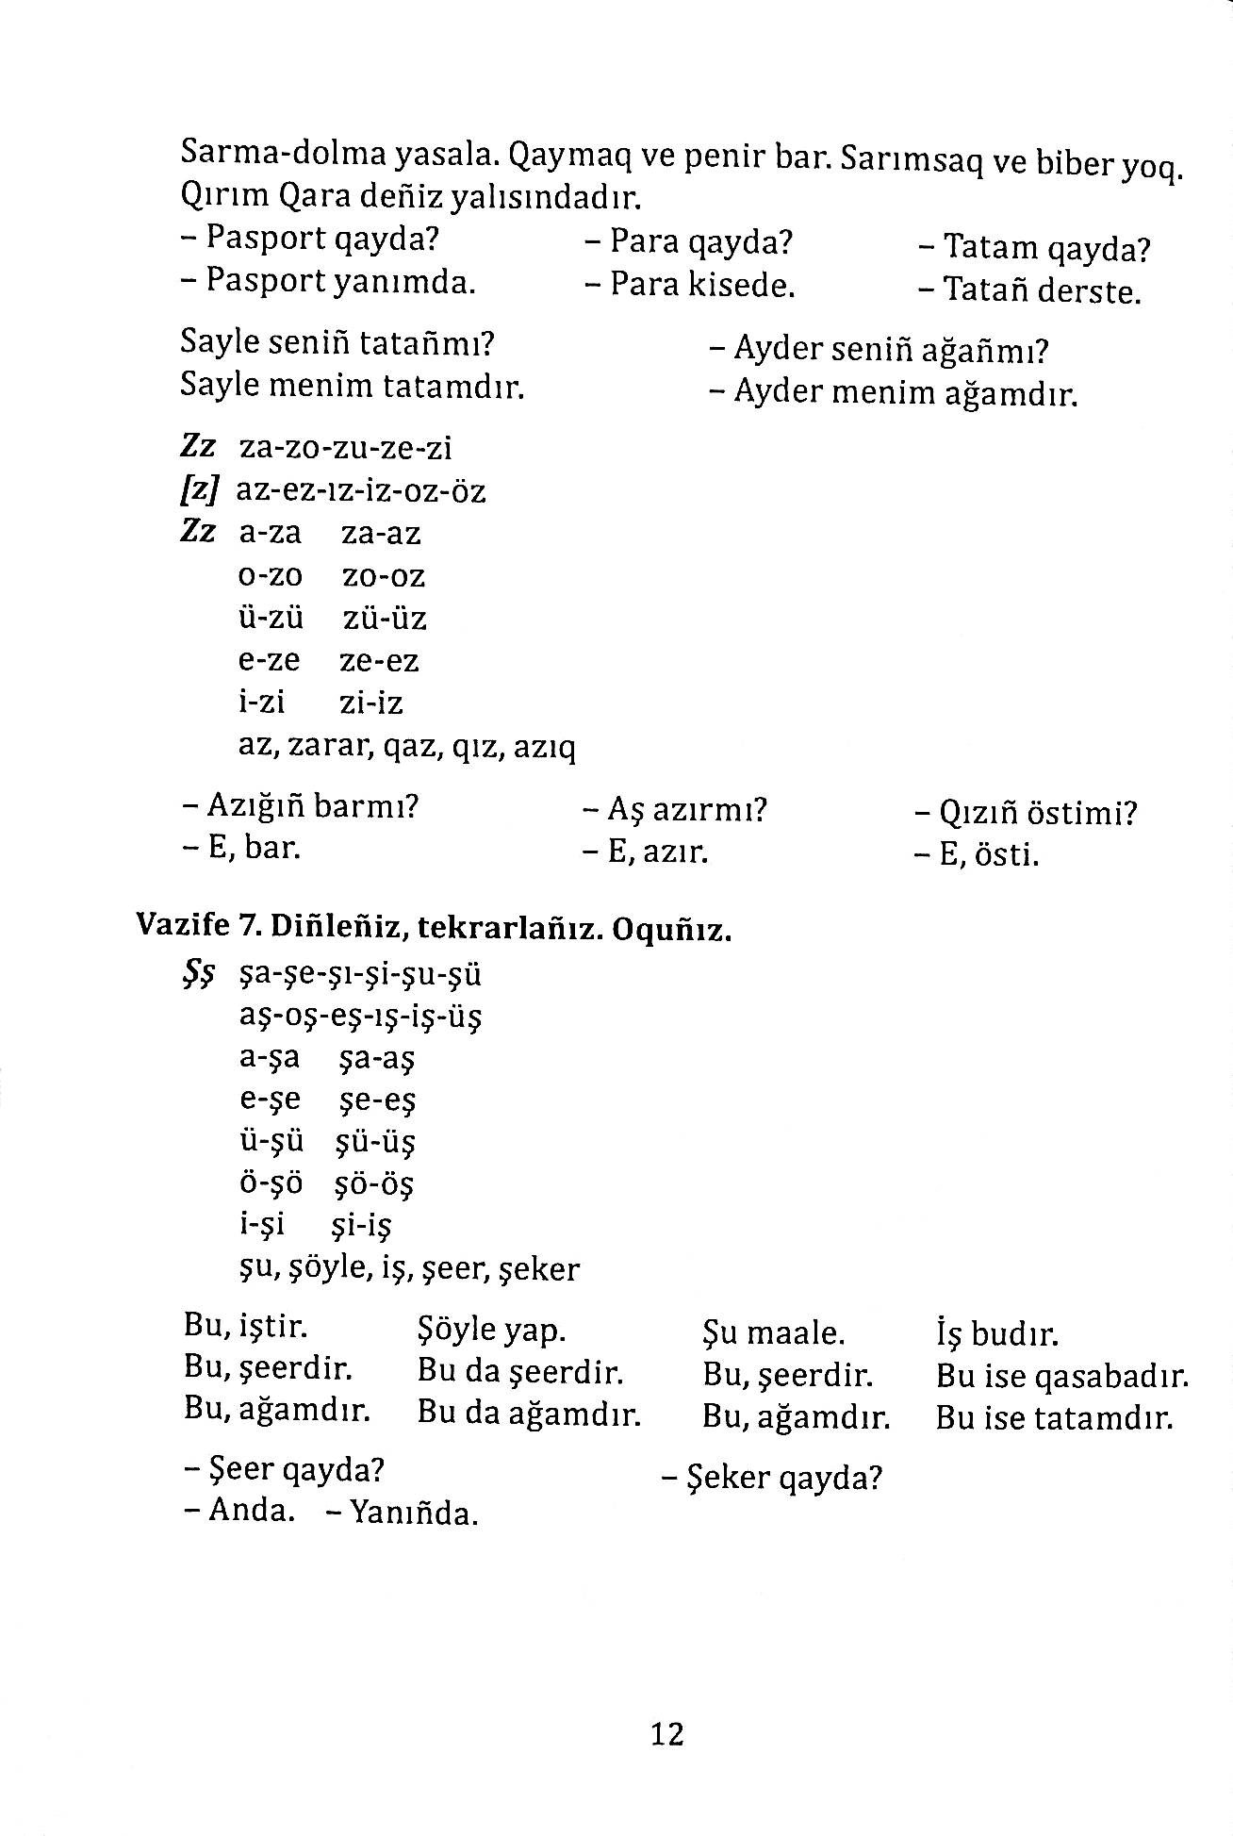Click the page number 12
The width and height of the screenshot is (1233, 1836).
(x=666, y=1733)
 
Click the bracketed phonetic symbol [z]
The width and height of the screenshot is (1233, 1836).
(x=200, y=490)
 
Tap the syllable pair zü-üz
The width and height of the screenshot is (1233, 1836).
(x=384, y=619)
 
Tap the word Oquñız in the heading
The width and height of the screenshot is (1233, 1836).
(x=671, y=931)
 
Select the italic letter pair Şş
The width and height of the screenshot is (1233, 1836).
(x=196, y=975)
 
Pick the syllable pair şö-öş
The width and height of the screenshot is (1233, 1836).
(x=374, y=1183)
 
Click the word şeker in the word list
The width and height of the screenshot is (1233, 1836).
(x=543, y=1268)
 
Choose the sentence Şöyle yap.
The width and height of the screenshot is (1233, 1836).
(x=490, y=1330)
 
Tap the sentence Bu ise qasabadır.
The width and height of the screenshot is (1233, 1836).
(x=1062, y=1378)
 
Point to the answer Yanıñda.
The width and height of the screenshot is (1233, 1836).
(x=413, y=1513)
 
